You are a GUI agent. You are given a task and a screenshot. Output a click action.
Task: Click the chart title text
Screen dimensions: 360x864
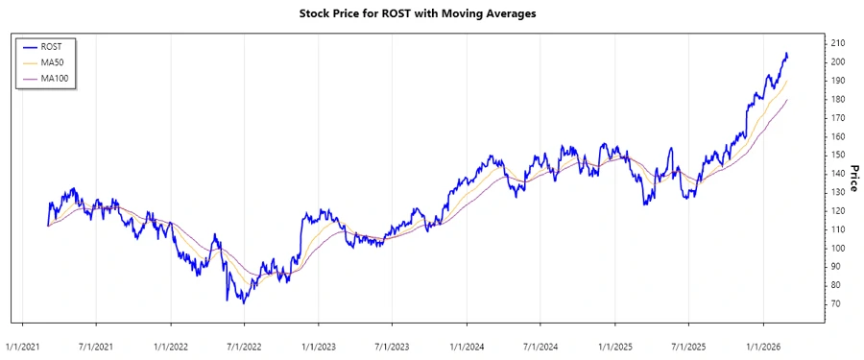pos(432,15)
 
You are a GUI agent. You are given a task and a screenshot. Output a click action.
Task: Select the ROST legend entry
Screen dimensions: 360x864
pos(52,46)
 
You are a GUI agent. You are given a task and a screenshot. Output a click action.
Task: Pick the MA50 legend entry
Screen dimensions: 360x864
pos(53,62)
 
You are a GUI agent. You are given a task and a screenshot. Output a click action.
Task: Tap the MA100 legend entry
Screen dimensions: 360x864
pos(55,78)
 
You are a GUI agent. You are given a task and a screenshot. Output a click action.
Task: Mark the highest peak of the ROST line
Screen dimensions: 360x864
pos(786,53)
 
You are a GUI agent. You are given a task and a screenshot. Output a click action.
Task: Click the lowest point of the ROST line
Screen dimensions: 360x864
pos(243,304)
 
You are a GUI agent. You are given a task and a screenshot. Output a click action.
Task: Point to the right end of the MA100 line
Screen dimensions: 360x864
pos(787,100)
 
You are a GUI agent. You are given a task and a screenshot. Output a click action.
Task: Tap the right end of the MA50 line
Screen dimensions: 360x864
pos(787,81)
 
